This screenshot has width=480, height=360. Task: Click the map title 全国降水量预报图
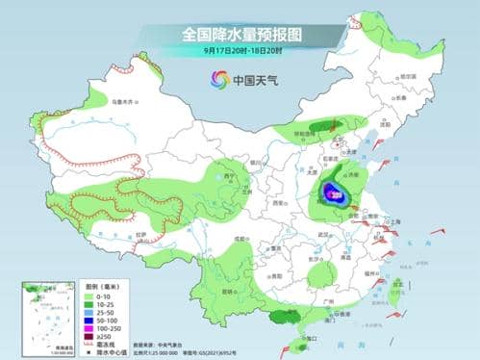tap(241, 34)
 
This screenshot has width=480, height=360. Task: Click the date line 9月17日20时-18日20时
tap(240, 50)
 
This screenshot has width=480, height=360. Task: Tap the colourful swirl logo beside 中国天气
tap(220, 80)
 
